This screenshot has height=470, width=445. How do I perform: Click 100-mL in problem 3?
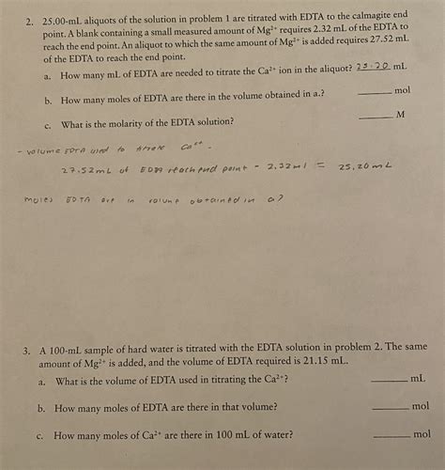[x=75, y=347]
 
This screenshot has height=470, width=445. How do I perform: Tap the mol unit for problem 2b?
[x=403, y=90]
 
